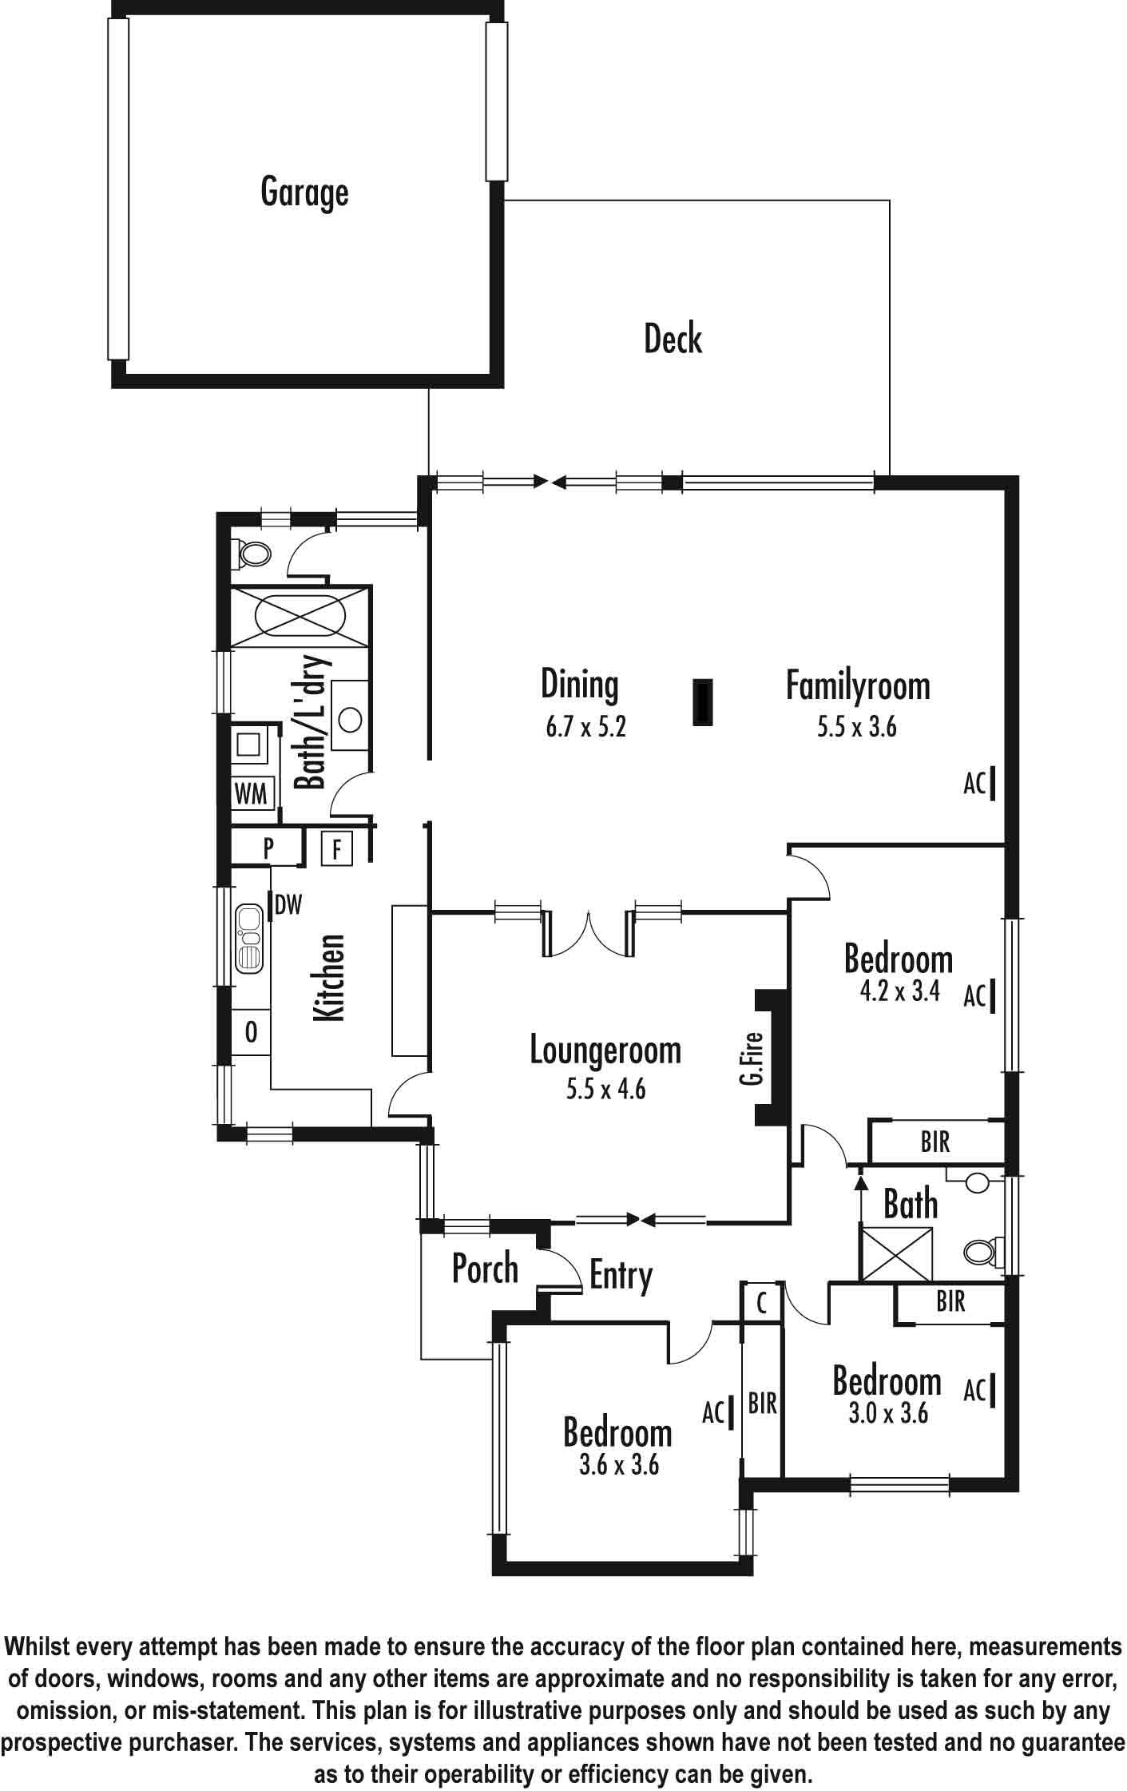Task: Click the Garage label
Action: coord(304,193)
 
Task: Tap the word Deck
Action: coord(673,339)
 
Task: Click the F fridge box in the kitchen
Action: coord(336,849)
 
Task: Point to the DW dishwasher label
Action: coord(288,905)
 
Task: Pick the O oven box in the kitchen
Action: coord(250,1032)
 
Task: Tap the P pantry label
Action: coord(268,848)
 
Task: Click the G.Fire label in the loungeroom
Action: coord(751,1058)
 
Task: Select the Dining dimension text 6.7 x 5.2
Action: coord(585,728)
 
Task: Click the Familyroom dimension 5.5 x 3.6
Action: coord(856,727)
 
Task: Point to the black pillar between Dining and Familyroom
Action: coord(702,703)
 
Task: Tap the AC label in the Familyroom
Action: coord(974,784)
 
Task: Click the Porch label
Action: coord(485,1269)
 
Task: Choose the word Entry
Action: coord(621,1277)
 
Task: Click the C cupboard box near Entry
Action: coord(762,1303)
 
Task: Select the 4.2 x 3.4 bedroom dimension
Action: coord(899,991)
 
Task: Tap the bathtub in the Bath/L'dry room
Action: coord(299,617)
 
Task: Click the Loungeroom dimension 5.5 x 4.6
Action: coord(605,1089)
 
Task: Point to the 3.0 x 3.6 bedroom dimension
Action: coord(888,1414)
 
